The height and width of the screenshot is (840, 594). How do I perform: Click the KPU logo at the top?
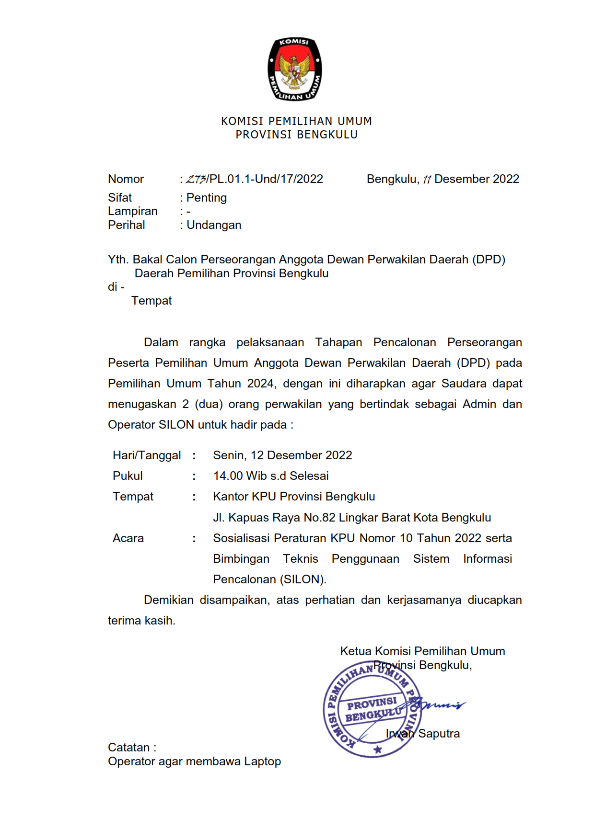[x=294, y=69]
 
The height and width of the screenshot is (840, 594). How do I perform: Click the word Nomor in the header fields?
[x=126, y=179]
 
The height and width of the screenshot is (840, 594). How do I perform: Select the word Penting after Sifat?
[x=207, y=198]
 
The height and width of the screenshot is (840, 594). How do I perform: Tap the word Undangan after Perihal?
[x=214, y=225]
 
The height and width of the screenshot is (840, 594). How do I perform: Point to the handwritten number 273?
[x=196, y=180]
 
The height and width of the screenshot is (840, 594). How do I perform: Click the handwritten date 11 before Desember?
[x=427, y=180]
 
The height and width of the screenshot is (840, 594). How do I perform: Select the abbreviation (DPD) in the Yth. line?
[x=489, y=260]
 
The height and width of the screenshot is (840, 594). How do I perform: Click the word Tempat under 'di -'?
[x=151, y=301]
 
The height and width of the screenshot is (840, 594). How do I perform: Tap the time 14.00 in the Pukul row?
[x=228, y=476]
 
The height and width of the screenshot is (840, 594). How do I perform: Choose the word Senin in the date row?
[x=229, y=455]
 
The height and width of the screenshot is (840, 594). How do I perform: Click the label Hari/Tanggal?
[x=147, y=455]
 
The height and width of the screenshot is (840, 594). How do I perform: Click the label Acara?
[x=128, y=538]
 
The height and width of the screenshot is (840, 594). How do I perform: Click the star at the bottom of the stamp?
[x=378, y=749]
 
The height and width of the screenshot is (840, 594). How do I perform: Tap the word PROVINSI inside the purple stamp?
[x=372, y=704]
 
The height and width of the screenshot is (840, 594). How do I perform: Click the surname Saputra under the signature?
[x=439, y=734]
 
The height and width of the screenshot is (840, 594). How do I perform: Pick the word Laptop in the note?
[x=262, y=761]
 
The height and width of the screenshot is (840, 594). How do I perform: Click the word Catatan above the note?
[x=129, y=748]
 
